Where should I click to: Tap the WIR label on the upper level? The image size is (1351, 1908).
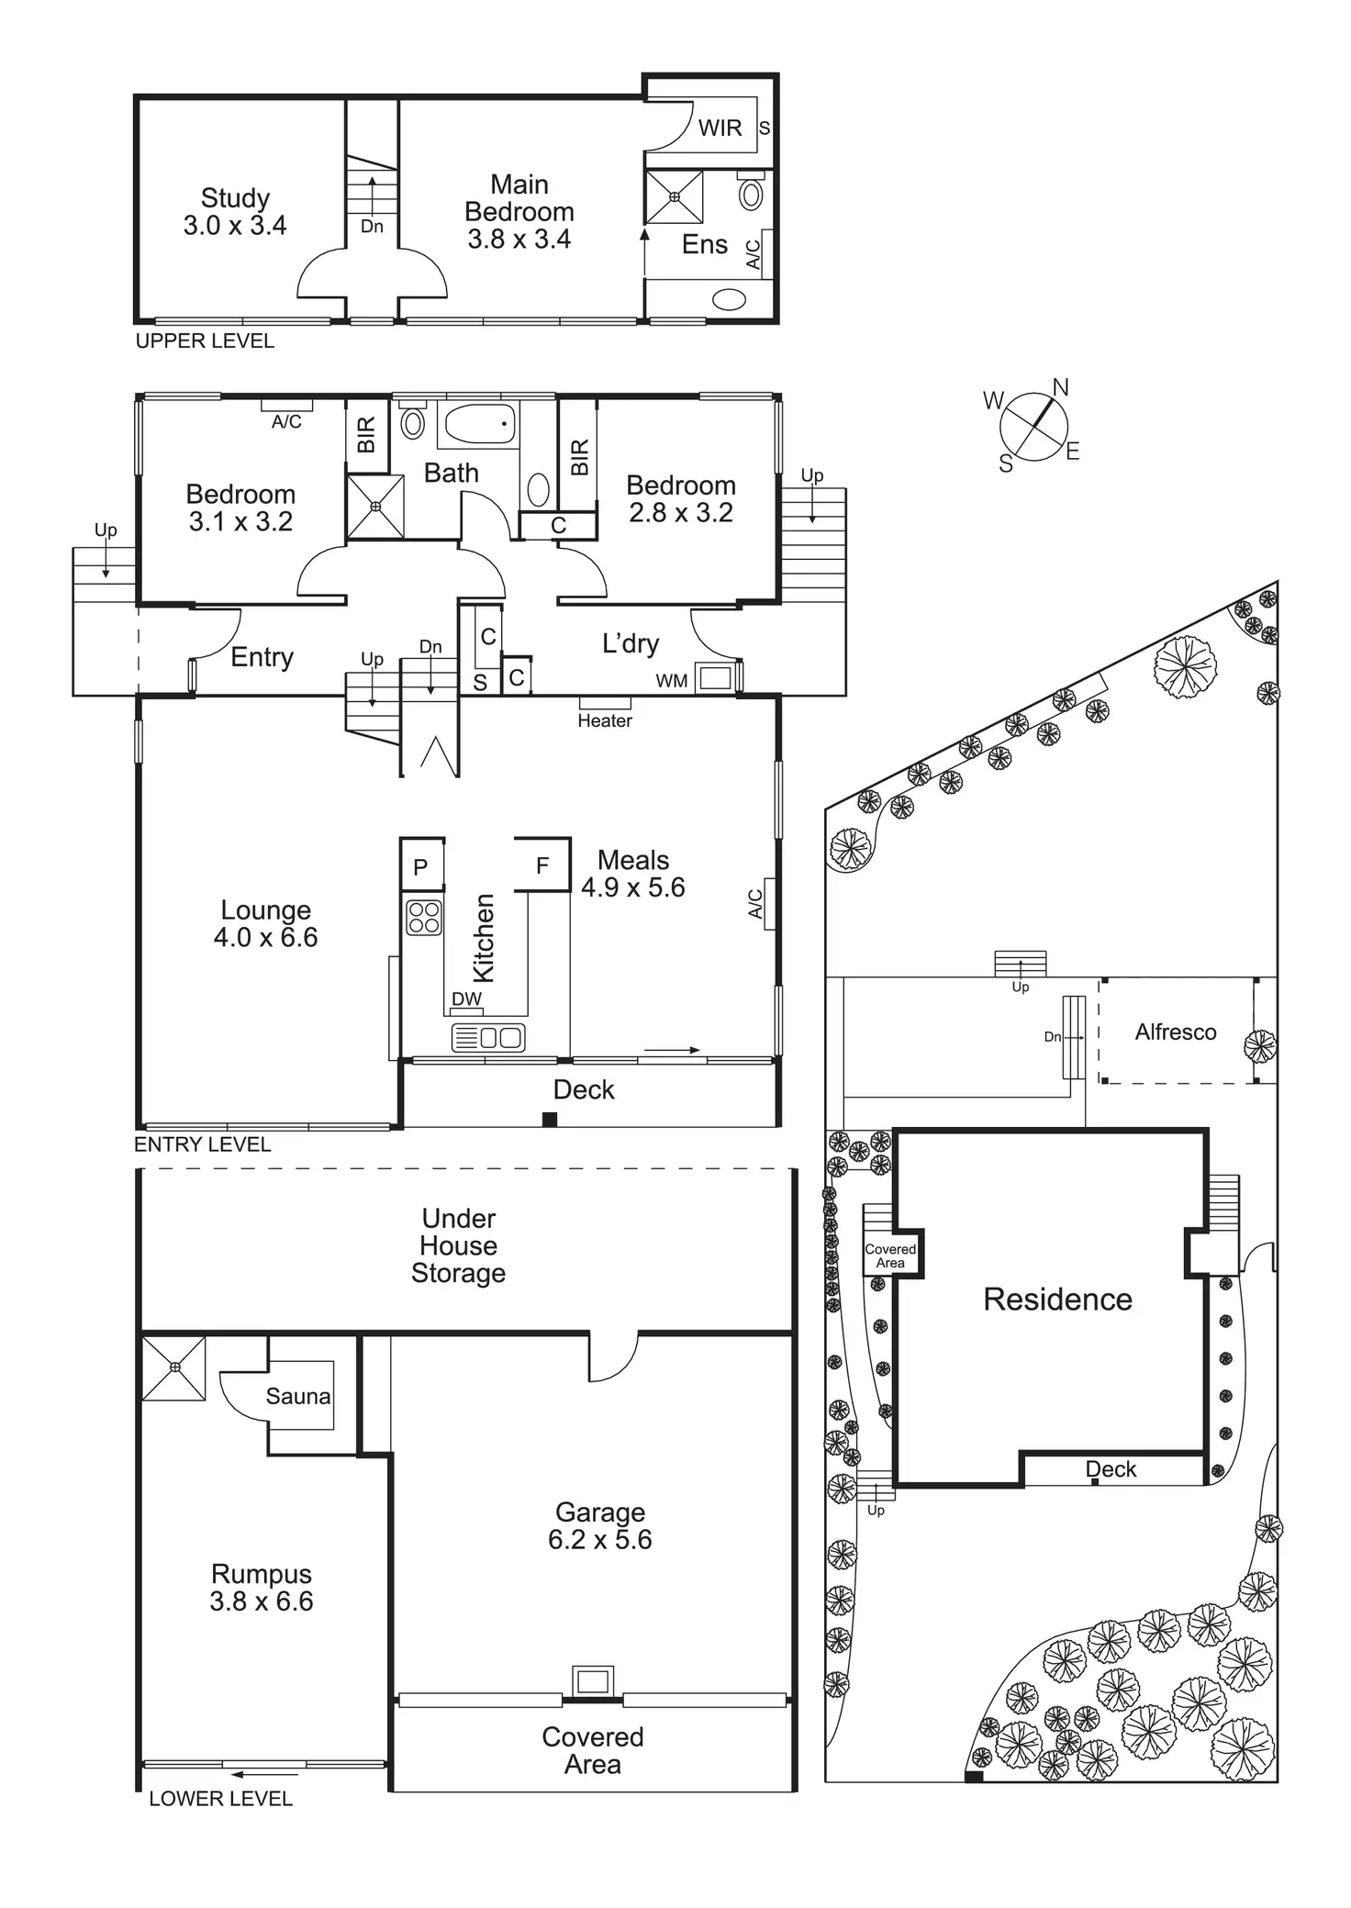(x=720, y=128)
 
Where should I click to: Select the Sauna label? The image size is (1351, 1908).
(x=297, y=1396)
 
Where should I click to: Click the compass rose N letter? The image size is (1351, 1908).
(x=1060, y=387)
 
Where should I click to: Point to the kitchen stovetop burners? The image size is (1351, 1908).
(x=424, y=917)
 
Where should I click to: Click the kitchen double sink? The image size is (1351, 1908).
(x=488, y=1037)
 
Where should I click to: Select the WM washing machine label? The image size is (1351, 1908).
(x=672, y=681)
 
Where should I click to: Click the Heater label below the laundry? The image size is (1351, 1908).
(x=604, y=720)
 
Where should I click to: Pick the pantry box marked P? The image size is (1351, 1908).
(x=421, y=866)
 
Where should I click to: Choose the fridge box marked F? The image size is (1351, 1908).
(x=542, y=865)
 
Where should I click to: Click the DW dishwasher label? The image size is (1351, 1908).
(x=466, y=999)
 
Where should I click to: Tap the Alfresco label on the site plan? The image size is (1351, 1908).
(x=1176, y=1032)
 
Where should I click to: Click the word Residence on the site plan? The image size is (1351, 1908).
(x=1057, y=1299)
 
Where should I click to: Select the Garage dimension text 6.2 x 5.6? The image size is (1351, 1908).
(x=599, y=1539)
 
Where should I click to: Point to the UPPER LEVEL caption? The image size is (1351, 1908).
(x=205, y=341)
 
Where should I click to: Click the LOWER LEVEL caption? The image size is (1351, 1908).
(x=220, y=1799)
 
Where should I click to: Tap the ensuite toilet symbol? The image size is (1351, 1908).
(x=752, y=193)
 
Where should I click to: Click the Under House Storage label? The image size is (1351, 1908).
(x=458, y=1245)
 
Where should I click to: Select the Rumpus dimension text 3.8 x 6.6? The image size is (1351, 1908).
(x=261, y=1601)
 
